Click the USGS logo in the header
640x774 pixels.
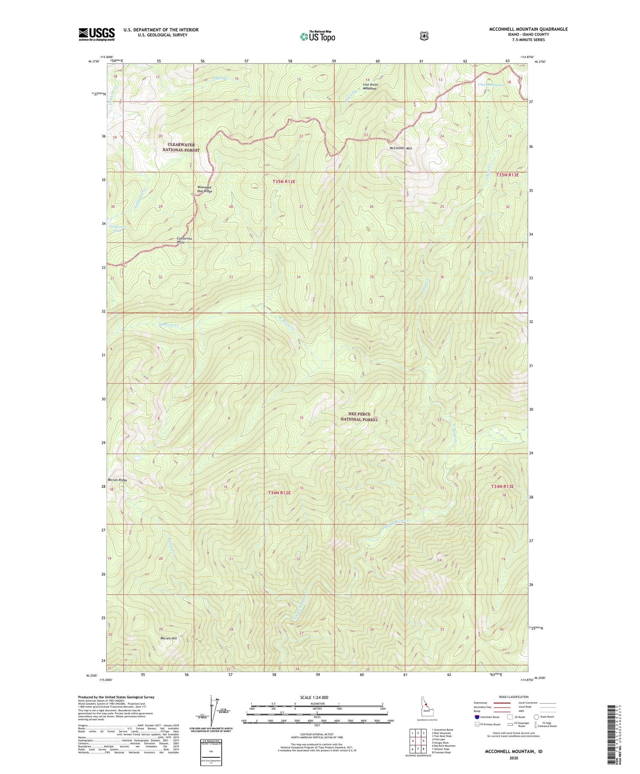pos(96,34)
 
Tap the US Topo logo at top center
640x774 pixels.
pos(317,36)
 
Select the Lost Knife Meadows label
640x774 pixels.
pos(370,86)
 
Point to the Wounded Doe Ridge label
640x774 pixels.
pos(204,189)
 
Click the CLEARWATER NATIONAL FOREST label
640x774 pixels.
pos(181,147)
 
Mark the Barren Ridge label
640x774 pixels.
pos(117,480)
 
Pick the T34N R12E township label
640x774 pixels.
pos(279,493)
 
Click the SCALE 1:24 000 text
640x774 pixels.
pos(317,698)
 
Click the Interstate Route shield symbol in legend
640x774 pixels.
pos(477,717)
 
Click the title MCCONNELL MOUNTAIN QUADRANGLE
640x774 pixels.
pos(528,29)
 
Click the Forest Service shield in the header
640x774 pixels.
pos(424,36)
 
